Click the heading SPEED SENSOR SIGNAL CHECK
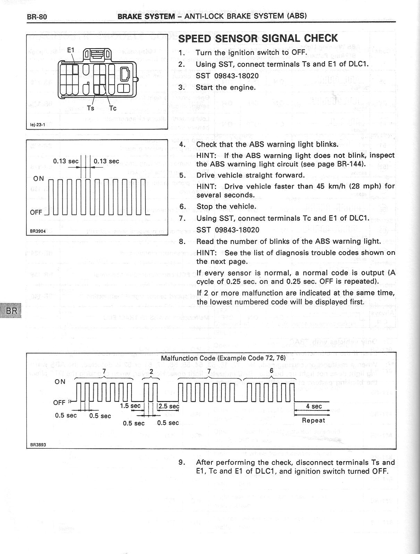258,39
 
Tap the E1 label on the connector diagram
70,50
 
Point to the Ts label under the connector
90,108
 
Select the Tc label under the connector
112,108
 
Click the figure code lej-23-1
36,124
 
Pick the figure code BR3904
37,230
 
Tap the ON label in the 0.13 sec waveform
39,179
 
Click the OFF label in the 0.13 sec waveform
36,212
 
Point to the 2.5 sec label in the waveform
169,406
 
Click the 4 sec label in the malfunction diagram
314,406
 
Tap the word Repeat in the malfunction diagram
313,420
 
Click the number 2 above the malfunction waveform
151,371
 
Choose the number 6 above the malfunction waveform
271,371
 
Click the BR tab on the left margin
11,310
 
